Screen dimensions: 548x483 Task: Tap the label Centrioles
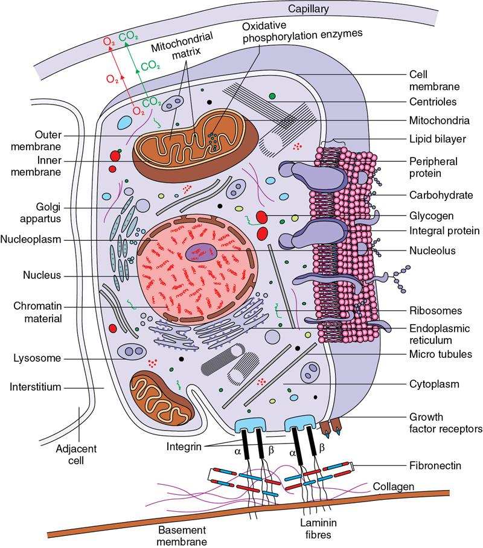tap(430, 101)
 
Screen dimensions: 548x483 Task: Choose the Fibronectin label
tap(434, 466)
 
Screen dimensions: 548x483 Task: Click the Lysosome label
tap(37, 358)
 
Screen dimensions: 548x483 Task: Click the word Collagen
tap(392, 486)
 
